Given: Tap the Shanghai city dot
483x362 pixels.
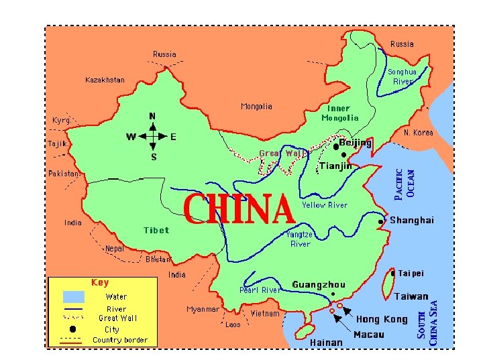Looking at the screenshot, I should click(381, 221).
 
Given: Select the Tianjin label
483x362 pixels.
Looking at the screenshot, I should click(335, 166).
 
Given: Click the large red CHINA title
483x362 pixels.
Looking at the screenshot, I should click(239, 210).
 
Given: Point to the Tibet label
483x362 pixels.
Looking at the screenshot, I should click(156, 230).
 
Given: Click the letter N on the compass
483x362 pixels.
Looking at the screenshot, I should click(153, 116).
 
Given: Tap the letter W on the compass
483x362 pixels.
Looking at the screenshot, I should click(132, 137).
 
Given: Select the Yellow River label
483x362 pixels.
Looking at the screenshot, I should click(325, 205).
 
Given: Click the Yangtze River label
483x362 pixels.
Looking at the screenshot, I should click(300, 239).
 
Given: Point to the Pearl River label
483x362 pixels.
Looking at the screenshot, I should click(260, 290).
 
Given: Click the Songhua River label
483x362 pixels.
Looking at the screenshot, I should click(402, 76).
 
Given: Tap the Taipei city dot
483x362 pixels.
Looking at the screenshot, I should click(392, 274).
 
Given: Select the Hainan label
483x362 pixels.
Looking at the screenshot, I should click(326, 343).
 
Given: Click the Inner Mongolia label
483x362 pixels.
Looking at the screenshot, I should click(339, 113).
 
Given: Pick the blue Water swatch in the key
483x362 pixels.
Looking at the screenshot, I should click(74, 296).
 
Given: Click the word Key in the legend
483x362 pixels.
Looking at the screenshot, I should click(100, 282).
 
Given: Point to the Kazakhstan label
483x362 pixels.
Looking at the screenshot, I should click(105, 80).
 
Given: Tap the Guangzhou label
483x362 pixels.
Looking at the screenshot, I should click(319, 285).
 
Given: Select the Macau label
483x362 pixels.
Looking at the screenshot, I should click(369, 335).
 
